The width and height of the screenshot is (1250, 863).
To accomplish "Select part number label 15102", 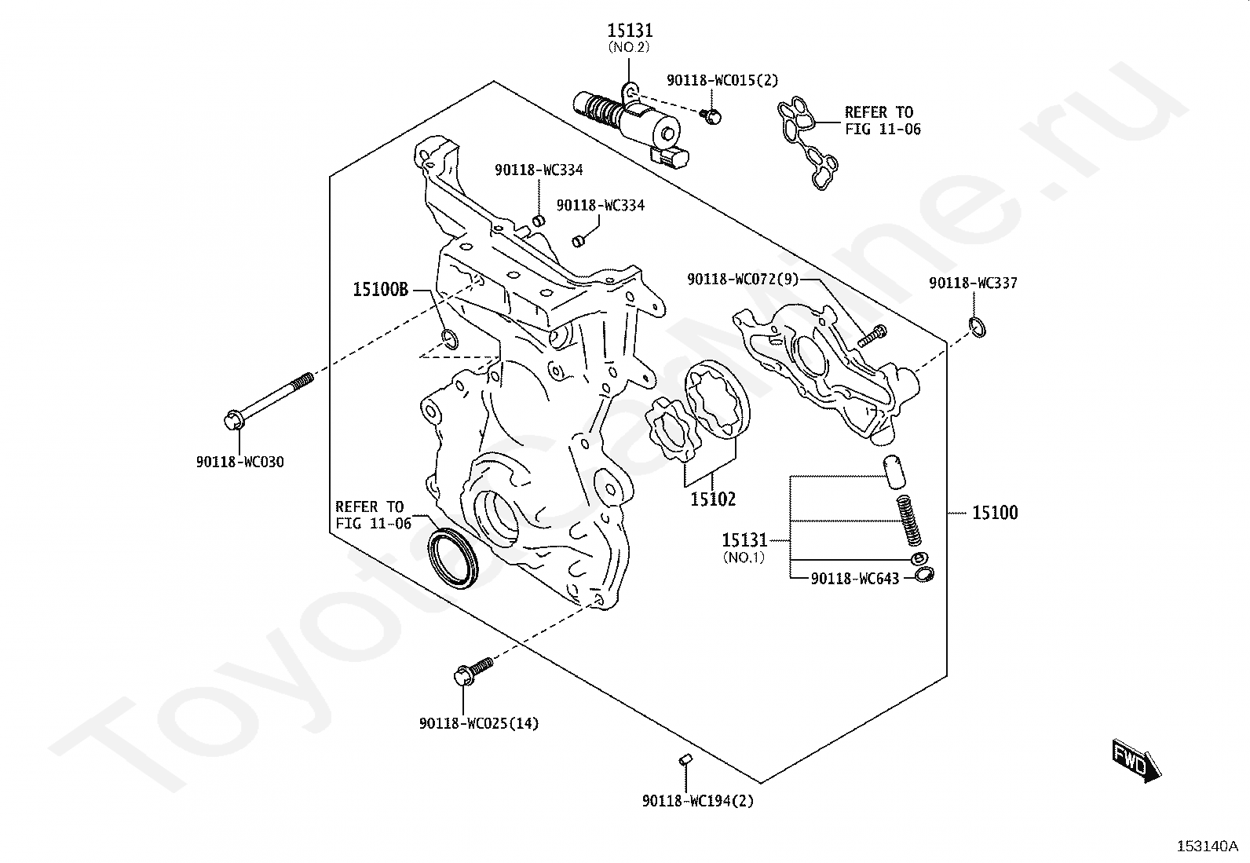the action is coord(713,499).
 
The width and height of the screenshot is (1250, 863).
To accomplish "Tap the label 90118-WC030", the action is coord(240,462).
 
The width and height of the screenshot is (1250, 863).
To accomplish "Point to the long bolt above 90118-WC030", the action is coord(269,401).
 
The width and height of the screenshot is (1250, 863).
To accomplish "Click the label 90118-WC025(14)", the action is coord(479,723).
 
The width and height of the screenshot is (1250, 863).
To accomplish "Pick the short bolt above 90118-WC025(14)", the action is coord(473,671).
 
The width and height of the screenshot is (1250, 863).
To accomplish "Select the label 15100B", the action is coord(381,289).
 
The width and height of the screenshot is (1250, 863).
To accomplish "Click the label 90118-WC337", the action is coord(973,283).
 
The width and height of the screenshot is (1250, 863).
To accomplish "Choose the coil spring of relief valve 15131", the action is coord(908,521).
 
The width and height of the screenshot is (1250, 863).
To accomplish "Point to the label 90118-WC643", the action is coord(855,578).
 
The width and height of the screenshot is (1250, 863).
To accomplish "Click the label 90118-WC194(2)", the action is coord(697,801).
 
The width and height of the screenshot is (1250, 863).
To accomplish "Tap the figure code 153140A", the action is coord(1208,847).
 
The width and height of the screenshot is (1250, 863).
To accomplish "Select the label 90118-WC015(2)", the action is coord(722,80).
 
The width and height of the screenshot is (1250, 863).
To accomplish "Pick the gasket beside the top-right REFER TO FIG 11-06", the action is coord(808,142).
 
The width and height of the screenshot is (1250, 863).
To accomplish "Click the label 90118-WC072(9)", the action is coord(743,279).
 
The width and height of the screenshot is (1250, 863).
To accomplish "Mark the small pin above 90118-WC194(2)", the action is coord(685,759).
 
